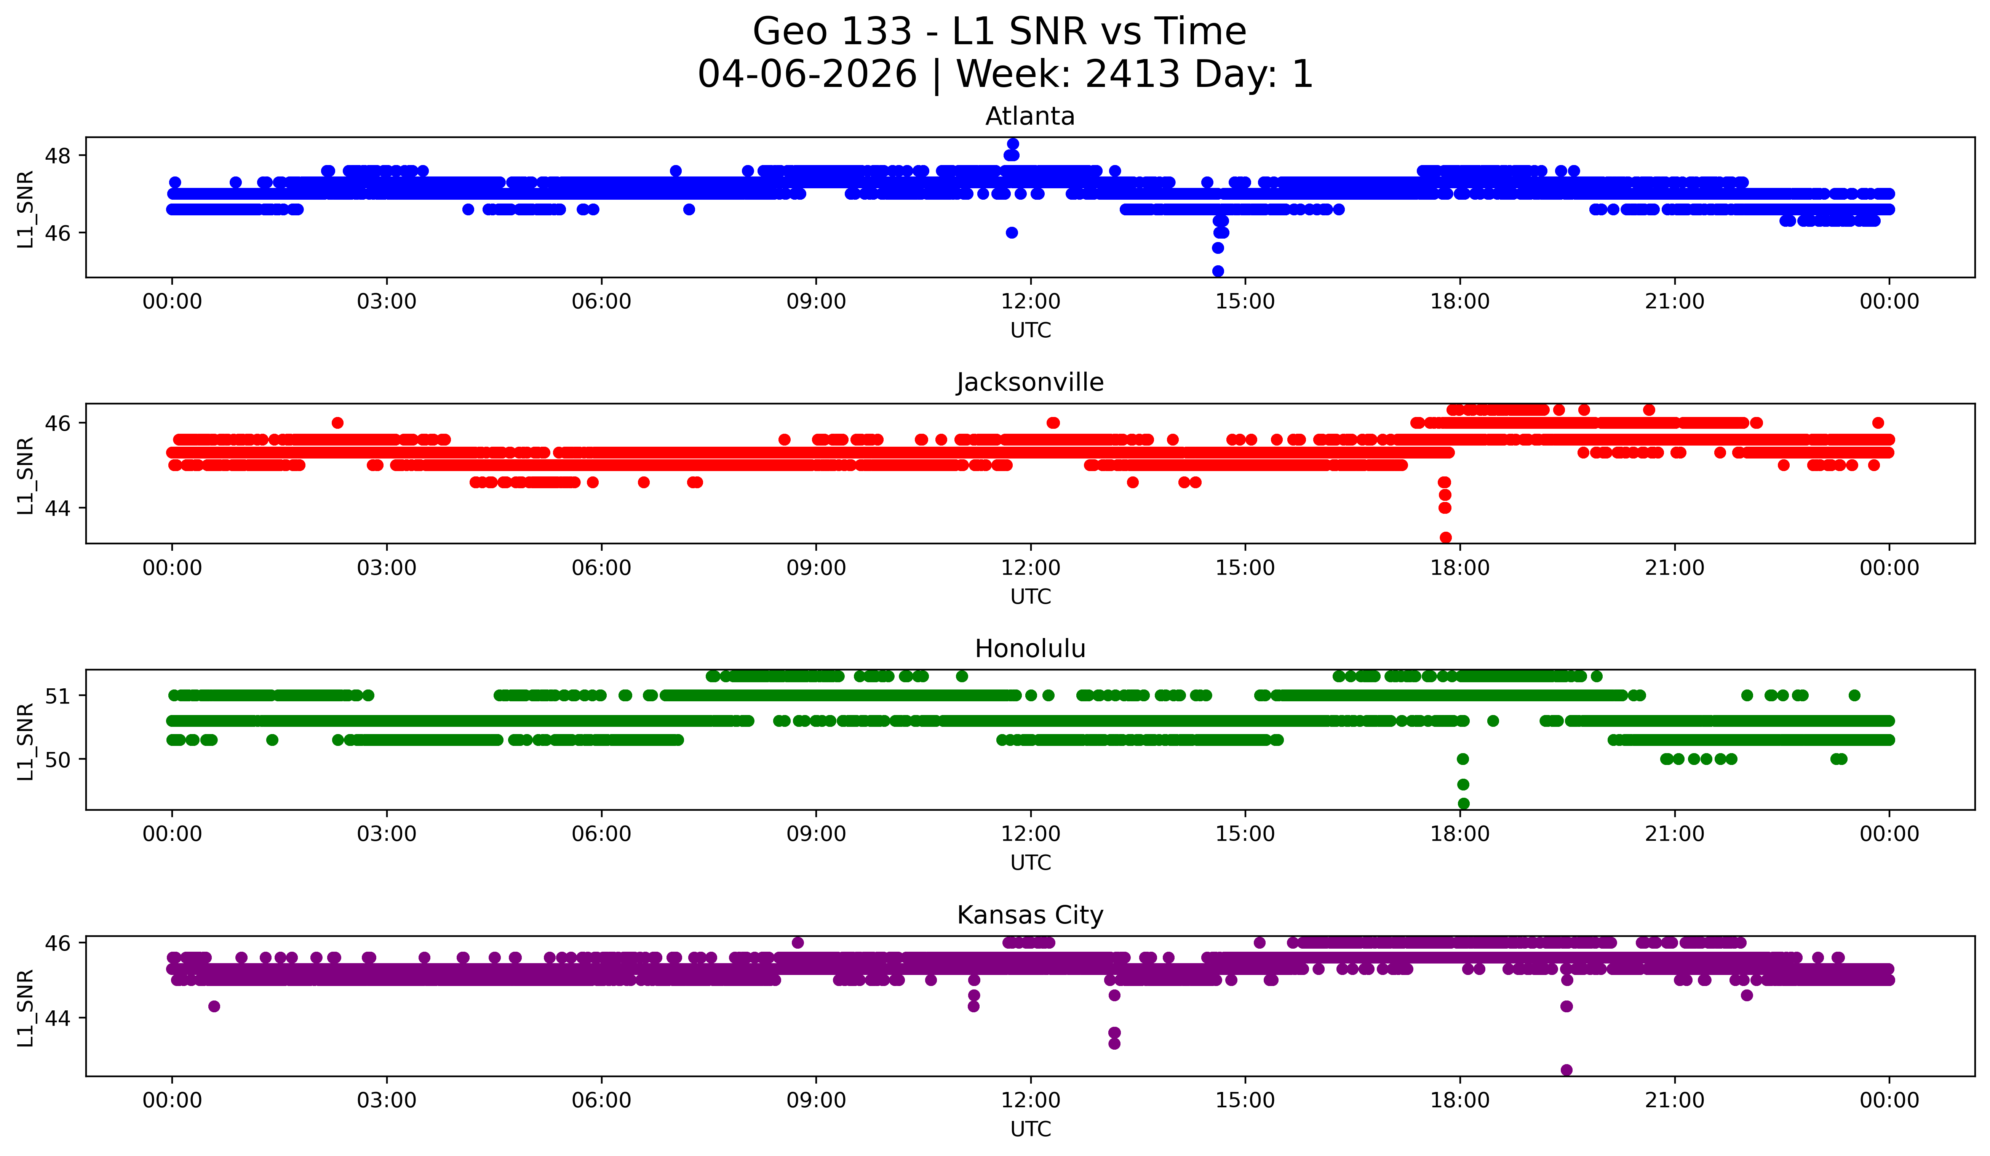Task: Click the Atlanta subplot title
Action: coord(1030,116)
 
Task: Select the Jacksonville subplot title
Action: coord(1030,382)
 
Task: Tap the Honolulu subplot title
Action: coord(1030,649)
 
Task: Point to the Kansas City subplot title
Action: coord(1030,915)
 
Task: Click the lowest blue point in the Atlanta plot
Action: coord(1218,271)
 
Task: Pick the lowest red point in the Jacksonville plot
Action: coord(1445,537)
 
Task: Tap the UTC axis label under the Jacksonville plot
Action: coord(1030,596)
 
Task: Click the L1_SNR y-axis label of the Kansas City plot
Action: coord(25,1007)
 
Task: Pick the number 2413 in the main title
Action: coord(1132,74)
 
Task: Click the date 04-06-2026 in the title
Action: coord(807,74)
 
